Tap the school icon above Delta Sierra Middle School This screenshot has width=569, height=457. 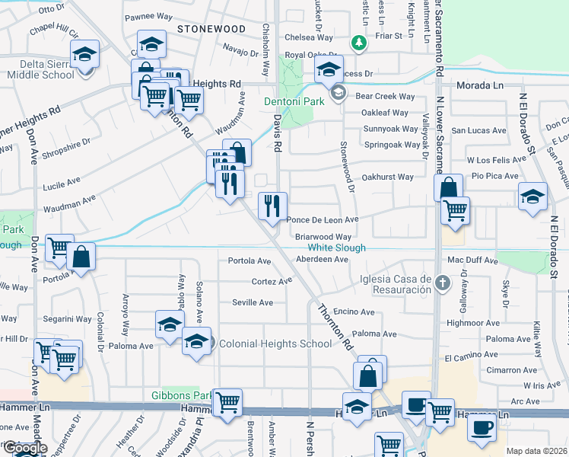(84, 54)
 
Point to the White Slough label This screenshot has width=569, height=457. (336, 248)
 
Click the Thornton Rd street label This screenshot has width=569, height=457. (337, 328)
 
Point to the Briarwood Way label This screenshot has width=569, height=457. (323, 237)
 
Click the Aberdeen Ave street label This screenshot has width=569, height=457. (322, 260)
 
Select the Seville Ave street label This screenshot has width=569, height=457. (253, 302)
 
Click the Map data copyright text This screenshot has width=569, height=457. (537, 451)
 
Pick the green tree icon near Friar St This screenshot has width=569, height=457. (357, 44)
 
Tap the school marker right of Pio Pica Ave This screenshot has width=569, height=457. (532, 197)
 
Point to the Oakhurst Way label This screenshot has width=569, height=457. (387, 177)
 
